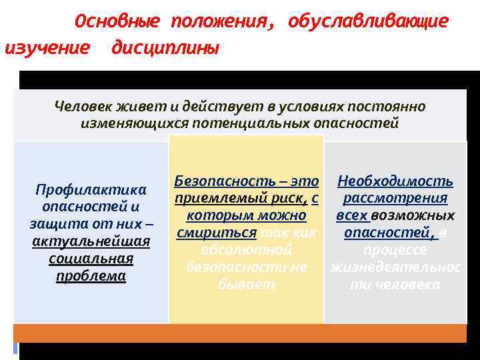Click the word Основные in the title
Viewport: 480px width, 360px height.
coord(117,22)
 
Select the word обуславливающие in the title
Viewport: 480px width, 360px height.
coord(368,22)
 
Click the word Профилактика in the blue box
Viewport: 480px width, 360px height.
coord(91,190)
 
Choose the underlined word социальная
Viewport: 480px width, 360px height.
coord(91,259)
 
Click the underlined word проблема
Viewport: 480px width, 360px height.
coord(91,276)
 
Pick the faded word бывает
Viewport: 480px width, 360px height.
coord(246,285)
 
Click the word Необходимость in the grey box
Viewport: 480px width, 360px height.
coord(395,181)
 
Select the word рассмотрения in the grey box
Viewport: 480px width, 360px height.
coord(395,199)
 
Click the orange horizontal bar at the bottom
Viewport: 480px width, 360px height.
coord(240,333)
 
